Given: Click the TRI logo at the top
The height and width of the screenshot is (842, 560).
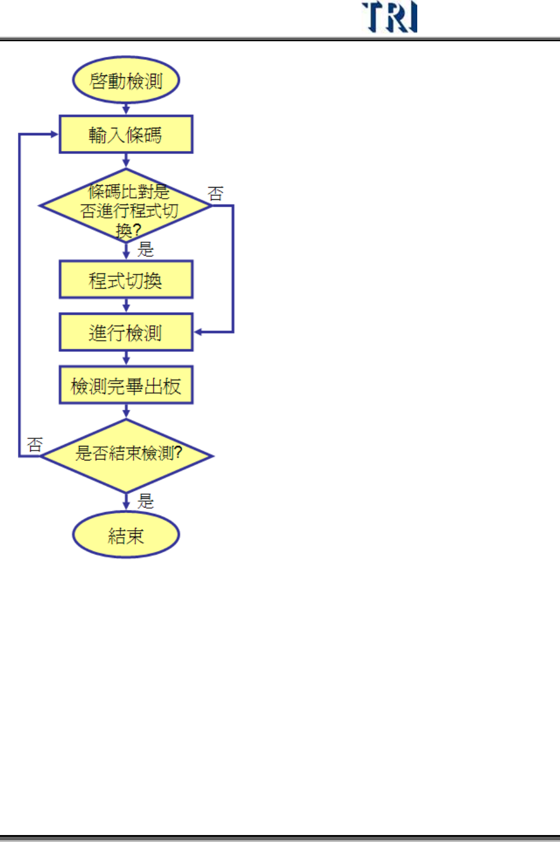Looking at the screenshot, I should [389, 17].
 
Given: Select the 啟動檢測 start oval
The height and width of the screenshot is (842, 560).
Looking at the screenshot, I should [126, 80].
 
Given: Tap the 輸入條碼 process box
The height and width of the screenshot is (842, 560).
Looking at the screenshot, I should [126, 135].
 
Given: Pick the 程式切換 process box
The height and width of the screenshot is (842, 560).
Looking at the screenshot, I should [126, 280].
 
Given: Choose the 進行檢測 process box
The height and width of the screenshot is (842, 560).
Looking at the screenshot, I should [126, 332].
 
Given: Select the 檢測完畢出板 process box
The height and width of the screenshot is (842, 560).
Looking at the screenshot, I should [126, 385].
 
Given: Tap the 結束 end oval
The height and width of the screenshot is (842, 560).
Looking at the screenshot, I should [126, 535].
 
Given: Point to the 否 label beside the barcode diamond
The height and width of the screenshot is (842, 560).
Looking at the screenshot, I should [216, 193].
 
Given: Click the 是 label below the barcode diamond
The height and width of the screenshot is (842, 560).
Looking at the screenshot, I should [146, 250].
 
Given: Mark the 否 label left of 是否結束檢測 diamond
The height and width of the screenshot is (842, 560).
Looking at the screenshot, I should [35, 445].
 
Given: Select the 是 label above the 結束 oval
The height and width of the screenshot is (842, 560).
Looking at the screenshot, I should [146, 501].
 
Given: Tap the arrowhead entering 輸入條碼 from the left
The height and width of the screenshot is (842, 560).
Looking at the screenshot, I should [54, 134].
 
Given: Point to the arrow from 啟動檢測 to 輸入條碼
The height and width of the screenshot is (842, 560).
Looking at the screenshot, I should [126, 109].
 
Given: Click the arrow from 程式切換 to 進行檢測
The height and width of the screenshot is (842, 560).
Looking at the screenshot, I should [126, 306].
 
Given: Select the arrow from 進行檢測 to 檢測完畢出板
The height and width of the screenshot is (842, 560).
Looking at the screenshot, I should [126, 358].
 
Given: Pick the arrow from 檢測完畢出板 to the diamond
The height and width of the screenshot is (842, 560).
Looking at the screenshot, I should [126, 411].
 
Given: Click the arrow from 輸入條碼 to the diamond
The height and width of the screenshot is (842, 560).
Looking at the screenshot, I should [126, 161].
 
